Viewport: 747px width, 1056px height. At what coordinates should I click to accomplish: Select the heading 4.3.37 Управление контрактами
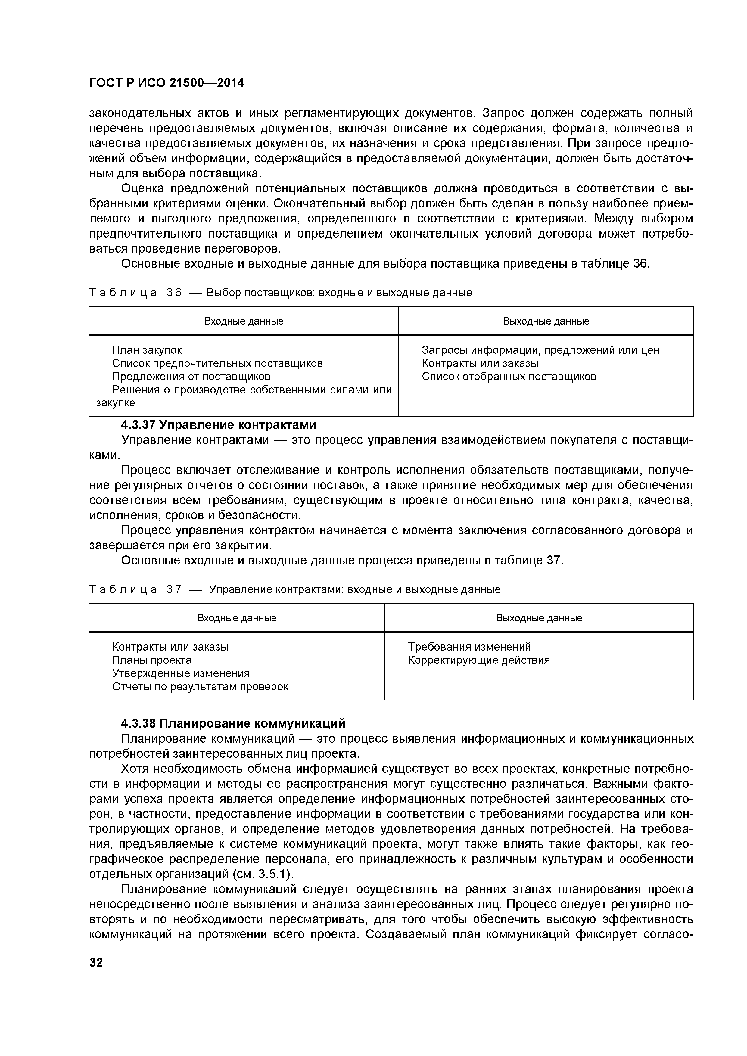click(x=219, y=424)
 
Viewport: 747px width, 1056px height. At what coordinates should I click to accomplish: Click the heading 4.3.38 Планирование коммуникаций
click(x=233, y=723)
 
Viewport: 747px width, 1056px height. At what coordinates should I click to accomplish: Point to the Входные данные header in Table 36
click(x=244, y=321)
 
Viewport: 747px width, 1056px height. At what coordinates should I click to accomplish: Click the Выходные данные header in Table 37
click(x=539, y=618)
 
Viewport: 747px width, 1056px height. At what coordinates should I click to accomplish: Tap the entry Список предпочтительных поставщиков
click(x=217, y=363)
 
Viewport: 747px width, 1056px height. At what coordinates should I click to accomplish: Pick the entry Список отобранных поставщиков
click(x=509, y=377)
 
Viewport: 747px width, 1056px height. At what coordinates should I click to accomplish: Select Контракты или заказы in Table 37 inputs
click(x=170, y=647)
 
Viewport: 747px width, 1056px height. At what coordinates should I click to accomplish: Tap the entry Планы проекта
click(x=152, y=660)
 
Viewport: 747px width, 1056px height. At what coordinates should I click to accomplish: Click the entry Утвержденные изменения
click(x=181, y=673)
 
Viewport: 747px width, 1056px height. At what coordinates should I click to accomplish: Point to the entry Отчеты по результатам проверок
click(x=200, y=687)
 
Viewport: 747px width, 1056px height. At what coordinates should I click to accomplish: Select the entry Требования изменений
click(x=469, y=647)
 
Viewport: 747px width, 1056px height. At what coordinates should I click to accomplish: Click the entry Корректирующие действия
click(x=478, y=660)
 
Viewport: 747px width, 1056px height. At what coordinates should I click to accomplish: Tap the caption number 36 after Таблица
click(x=174, y=293)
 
